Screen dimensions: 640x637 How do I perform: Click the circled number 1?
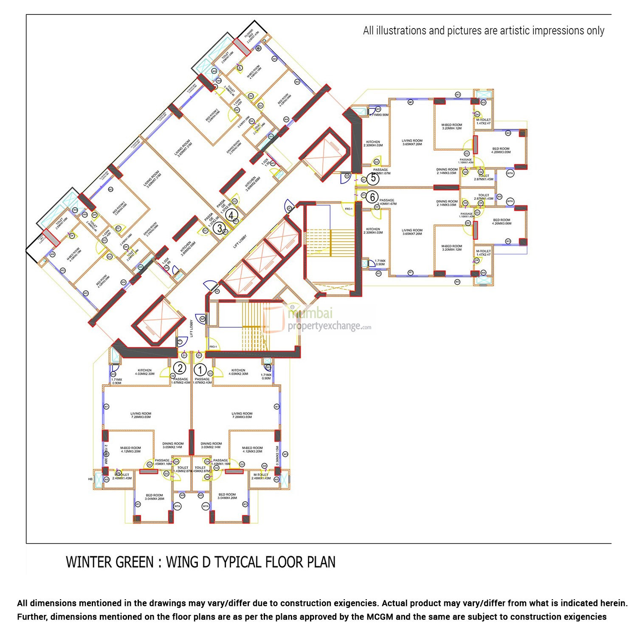coord(200,369)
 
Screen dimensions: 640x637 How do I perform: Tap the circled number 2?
coord(180,368)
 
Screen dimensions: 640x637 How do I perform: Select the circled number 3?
coord(220,228)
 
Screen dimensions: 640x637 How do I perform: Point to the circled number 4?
coord(231,215)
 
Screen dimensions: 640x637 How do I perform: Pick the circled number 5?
coord(373,178)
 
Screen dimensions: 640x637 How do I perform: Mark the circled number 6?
coord(372,197)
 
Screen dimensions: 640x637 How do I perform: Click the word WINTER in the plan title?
coord(88,562)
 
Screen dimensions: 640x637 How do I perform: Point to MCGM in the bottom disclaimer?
coord(380,617)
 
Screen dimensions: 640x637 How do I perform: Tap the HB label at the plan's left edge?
coord(90,479)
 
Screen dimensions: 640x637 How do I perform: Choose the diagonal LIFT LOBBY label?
coord(240,241)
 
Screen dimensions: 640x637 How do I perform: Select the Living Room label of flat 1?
coord(242,415)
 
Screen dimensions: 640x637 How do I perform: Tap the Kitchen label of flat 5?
coord(373,143)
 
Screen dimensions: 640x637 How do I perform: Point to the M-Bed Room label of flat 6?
coord(451,248)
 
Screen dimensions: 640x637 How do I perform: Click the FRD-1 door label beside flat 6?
coord(349,209)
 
